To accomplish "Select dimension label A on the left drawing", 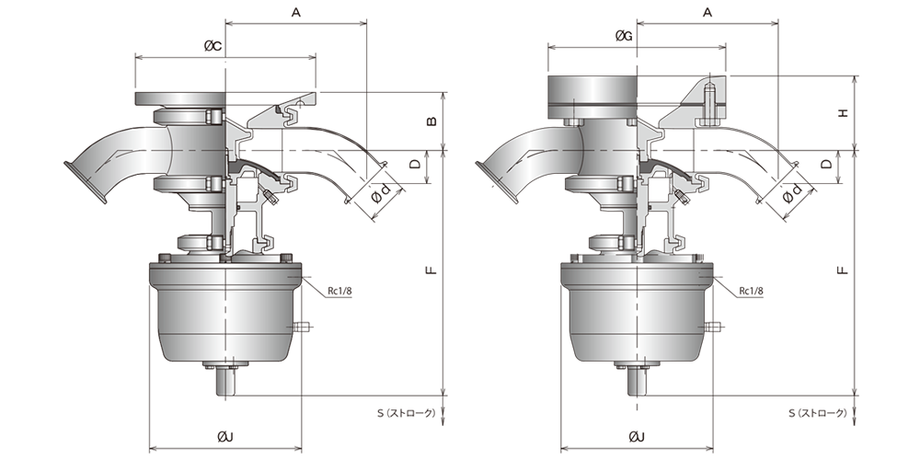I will pos(296,13).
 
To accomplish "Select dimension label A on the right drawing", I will pos(707,13).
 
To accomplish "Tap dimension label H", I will pos(843,113).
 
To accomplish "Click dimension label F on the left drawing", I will pos(431,270).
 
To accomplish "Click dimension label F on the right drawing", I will pos(843,270).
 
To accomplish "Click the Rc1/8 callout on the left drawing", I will pos(339,290).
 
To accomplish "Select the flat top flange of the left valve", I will pos(179,99).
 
